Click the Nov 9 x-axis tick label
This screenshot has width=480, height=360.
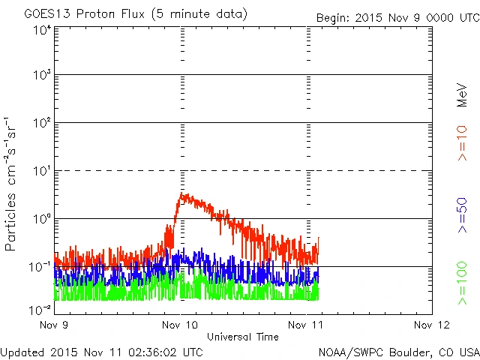(53, 325)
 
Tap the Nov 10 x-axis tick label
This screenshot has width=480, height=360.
(180, 325)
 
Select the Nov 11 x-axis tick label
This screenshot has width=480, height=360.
(306, 325)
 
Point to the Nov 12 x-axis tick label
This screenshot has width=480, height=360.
(432, 325)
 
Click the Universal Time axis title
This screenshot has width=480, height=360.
(242, 337)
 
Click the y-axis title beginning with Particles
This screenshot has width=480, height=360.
(12, 183)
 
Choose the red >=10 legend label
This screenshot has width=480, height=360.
(462, 142)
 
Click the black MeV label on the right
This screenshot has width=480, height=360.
(462, 93)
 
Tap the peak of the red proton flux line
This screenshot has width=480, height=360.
(182, 193)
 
